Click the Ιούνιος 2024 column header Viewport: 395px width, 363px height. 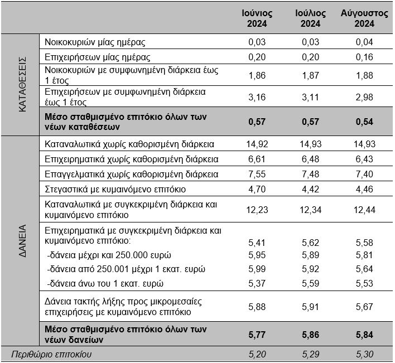click(257, 18)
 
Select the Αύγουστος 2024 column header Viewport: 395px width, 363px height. click(364, 18)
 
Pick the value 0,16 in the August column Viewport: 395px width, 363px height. click(364, 57)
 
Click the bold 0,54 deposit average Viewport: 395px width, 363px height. click(364, 122)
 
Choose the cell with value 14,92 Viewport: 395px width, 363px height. click(257, 144)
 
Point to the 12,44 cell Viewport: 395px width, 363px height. click(364, 209)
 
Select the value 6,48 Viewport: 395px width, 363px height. click(311, 159)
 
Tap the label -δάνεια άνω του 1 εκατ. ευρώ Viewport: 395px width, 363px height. click(105, 283)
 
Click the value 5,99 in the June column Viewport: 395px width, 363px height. click(257, 269)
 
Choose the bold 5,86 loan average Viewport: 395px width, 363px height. click(311, 333)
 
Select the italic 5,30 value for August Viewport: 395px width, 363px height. click(364, 354)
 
